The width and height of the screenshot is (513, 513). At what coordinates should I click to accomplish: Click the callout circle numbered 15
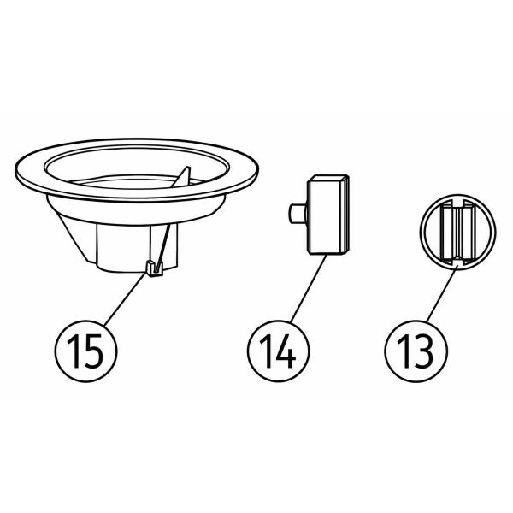pyautogui.click(x=85, y=351)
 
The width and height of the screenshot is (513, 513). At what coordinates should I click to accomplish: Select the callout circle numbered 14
pyautogui.click(x=279, y=351)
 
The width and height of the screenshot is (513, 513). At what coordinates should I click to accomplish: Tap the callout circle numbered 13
pyautogui.click(x=416, y=351)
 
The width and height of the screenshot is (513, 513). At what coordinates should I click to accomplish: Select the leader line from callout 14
pyautogui.click(x=308, y=289)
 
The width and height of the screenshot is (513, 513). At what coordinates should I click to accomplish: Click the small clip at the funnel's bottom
pyautogui.click(x=154, y=268)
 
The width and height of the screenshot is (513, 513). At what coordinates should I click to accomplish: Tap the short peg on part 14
pyautogui.click(x=297, y=214)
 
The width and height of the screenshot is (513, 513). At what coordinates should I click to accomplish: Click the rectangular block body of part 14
pyautogui.click(x=327, y=215)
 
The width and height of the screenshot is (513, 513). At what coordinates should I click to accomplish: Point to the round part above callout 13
pyautogui.click(x=457, y=232)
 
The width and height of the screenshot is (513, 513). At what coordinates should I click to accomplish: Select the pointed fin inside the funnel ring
pyautogui.click(x=182, y=180)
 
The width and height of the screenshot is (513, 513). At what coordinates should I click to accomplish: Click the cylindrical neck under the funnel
pyautogui.click(x=138, y=248)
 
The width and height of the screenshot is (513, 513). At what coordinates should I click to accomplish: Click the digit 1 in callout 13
pyautogui.click(x=404, y=351)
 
